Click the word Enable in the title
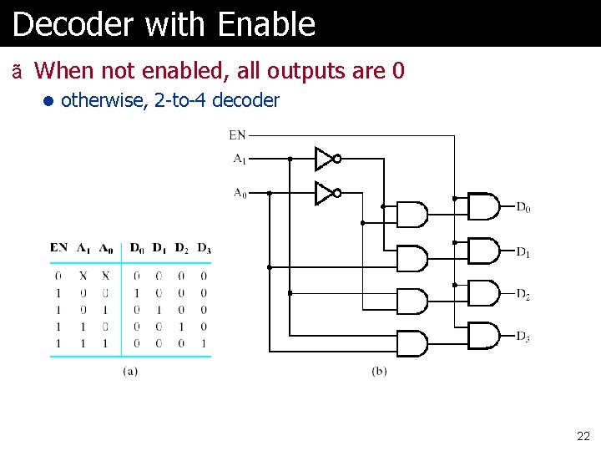[266, 24]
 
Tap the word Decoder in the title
[73, 24]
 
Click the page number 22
[583, 436]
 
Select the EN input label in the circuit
[238, 134]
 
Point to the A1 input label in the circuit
[240, 158]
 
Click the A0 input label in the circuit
[240, 193]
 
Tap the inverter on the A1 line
[326, 158]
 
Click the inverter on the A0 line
[326, 193]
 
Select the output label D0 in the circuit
[523, 207]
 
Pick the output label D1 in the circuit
[523, 251]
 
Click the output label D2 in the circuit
[523, 293]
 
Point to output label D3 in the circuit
[523, 336]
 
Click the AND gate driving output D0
[483, 206]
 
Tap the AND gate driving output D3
[483, 335]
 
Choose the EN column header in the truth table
[59, 247]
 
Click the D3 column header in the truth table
[204, 248]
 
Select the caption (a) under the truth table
[130, 370]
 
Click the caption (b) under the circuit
[379, 370]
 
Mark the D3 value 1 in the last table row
[204, 342]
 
